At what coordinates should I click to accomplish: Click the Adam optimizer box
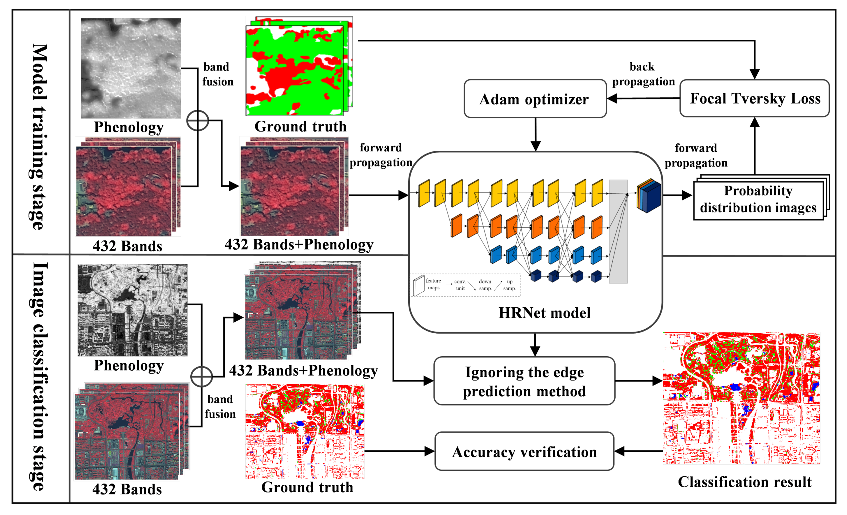point(535,99)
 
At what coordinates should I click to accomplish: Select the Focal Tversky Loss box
point(755,98)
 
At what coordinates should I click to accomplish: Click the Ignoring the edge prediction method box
point(524,381)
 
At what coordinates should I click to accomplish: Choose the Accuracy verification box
point(524,452)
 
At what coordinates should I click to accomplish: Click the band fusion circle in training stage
point(198,121)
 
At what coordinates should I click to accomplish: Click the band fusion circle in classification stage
point(201,377)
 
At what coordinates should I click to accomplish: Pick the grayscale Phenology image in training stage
point(131,68)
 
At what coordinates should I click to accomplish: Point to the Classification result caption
point(745,482)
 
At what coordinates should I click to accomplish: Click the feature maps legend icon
point(419,285)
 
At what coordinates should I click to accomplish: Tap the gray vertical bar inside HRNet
point(618,231)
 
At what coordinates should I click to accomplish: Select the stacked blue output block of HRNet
point(649,195)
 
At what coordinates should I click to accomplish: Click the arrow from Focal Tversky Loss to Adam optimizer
point(643,98)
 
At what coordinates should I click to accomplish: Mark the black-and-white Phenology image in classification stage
point(132,310)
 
